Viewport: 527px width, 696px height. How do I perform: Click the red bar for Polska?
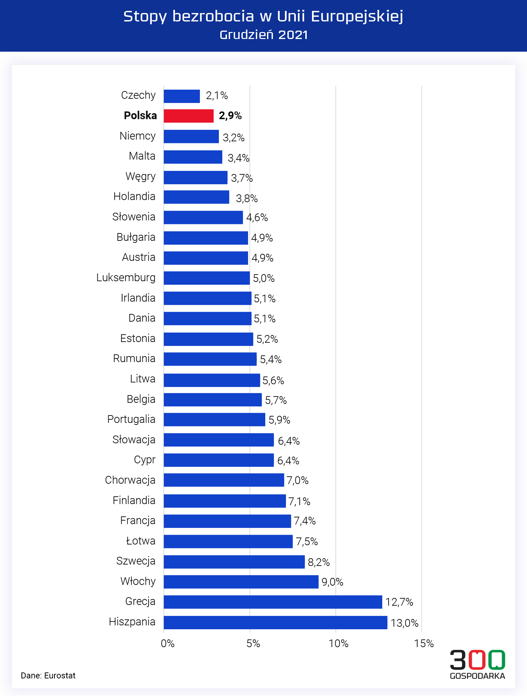(x=189, y=116)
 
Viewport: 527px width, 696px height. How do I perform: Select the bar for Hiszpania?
(x=275, y=622)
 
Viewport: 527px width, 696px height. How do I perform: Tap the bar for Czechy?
(x=182, y=96)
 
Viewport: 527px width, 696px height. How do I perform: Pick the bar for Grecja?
(x=273, y=602)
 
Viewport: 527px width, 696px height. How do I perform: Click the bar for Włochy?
(x=241, y=582)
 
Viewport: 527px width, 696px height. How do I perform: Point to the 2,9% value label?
(x=230, y=116)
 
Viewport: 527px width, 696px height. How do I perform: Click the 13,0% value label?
(x=404, y=623)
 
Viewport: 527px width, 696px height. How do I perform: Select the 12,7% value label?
(x=399, y=602)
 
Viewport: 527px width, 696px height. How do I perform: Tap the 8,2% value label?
(x=319, y=562)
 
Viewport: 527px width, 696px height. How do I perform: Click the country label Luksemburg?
(x=126, y=278)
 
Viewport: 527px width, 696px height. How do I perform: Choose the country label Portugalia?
(x=131, y=419)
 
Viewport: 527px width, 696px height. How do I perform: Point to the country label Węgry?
(x=141, y=176)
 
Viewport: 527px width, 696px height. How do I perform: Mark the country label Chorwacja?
(x=130, y=480)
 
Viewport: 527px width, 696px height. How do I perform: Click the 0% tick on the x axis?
(x=168, y=644)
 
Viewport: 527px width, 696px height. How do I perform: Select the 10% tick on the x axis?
(x=338, y=644)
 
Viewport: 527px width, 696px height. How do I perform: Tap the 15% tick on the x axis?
(x=424, y=644)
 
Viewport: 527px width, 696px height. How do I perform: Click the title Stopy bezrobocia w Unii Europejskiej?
(x=263, y=17)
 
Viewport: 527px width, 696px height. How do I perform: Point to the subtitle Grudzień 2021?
(x=263, y=35)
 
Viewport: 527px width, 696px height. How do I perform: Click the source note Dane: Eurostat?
(x=48, y=676)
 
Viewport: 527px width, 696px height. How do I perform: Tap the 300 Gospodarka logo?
(x=477, y=664)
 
